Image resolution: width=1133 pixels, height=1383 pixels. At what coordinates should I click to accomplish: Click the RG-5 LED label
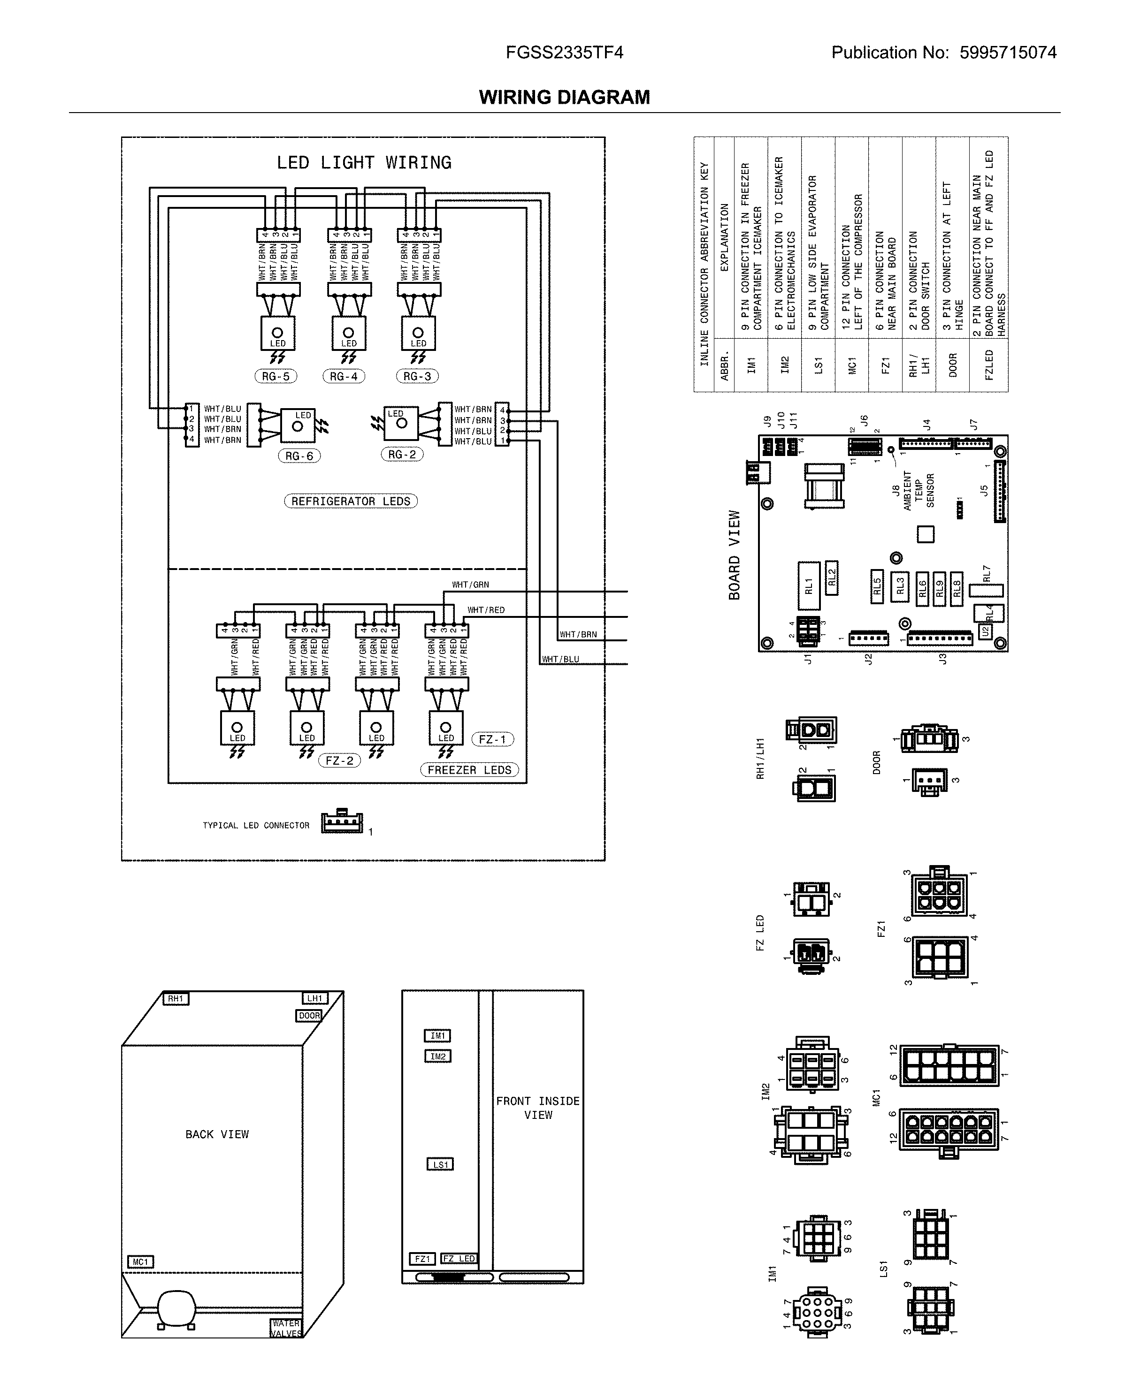[276, 376]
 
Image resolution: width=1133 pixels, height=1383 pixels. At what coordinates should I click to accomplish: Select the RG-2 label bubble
[402, 455]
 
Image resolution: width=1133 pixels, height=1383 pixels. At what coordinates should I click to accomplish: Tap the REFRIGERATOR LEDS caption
[351, 501]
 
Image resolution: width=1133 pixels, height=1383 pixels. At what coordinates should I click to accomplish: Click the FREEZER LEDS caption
[469, 770]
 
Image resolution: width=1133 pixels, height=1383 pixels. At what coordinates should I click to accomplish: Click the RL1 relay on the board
[809, 586]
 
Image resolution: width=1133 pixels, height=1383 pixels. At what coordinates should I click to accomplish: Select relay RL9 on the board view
[939, 589]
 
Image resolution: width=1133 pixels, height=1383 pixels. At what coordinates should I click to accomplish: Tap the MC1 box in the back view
[140, 1261]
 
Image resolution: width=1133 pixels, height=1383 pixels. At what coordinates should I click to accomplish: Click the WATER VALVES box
[285, 1328]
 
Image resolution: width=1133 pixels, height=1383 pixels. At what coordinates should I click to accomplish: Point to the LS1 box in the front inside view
[441, 1164]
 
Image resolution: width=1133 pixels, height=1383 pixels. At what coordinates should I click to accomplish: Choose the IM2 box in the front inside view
[437, 1056]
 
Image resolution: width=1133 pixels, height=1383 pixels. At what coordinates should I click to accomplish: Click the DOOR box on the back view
[309, 1016]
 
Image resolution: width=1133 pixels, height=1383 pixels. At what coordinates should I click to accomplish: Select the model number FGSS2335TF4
[565, 53]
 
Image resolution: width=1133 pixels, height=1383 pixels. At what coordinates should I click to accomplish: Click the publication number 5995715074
[1008, 53]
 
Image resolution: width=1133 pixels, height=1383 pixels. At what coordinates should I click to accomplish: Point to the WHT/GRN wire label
[471, 585]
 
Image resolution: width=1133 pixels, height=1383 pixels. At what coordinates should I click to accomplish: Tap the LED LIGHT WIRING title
[364, 162]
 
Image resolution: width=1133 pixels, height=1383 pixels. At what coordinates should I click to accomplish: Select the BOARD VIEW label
[735, 555]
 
